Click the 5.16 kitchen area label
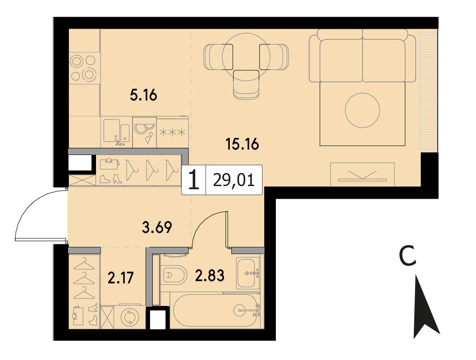pos(143,96)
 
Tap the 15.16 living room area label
pos(242,144)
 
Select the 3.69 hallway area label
pos(157,227)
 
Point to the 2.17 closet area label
pos(120,278)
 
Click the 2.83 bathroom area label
pos(210,275)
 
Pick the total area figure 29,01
pos(233,181)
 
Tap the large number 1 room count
pos(194,180)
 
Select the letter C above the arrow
pos(407,255)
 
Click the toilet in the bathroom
pos(174,276)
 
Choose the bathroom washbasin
pos(248,273)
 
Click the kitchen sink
pos(117,131)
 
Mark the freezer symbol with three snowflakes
pos(173,132)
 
